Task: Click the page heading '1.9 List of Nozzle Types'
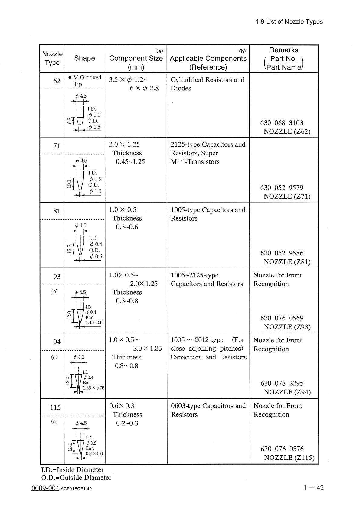(x=289, y=22)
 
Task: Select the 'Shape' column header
(x=84, y=58)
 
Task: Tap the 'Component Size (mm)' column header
(x=136, y=59)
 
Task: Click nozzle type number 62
(x=57, y=81)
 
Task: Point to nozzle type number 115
(x=55, y=407)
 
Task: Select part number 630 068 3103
(x=281, y=123)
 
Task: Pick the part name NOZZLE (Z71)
(x=287, y=196)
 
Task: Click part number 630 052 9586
(x=282, y=253)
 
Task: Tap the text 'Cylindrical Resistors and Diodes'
(x=207, y=84)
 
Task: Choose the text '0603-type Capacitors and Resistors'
(x=208, y=410)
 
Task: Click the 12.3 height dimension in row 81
(x=69, y=249)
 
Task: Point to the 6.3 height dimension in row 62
(x=69, y=121)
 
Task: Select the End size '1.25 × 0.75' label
(x=93, y=388)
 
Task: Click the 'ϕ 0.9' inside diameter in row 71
(x=95, y=179)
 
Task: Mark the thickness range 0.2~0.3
(x=127, y=423)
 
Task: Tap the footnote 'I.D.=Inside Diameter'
(x=72, y=470)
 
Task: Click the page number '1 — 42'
(x=313, y=488)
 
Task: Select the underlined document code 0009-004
(x=45, y=488)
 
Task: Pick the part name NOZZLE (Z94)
(x=287, y=392)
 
